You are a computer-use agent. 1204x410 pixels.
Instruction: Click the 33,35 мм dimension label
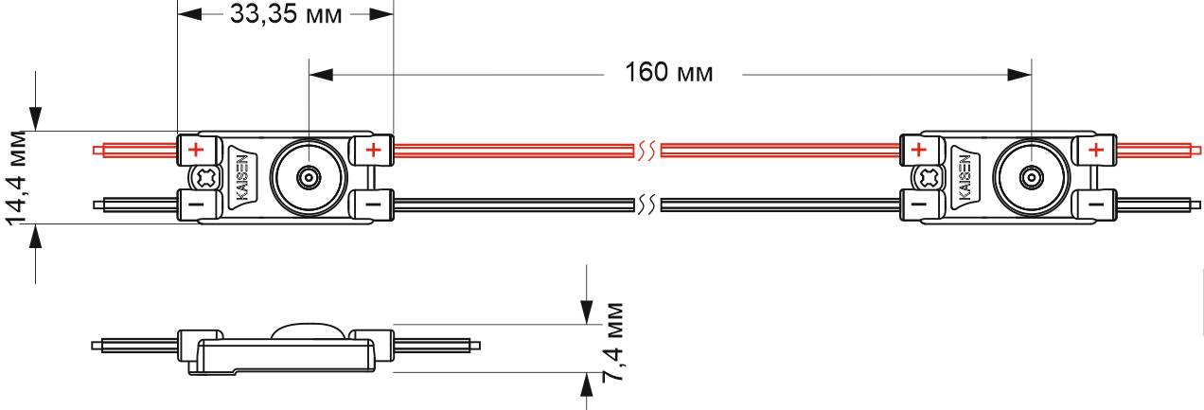pos(286,14)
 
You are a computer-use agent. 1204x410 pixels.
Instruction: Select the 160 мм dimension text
pos(669,73)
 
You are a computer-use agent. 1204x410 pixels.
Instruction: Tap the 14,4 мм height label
pos(17,177)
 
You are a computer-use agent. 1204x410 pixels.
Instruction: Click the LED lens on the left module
pos(309,177)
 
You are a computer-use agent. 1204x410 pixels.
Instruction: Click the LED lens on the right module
pos(1031,177)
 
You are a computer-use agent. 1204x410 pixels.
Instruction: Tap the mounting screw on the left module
pos(205,178)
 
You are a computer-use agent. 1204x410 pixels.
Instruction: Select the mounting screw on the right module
pos(929,178)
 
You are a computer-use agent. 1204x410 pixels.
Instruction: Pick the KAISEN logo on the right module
pos(965,177)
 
